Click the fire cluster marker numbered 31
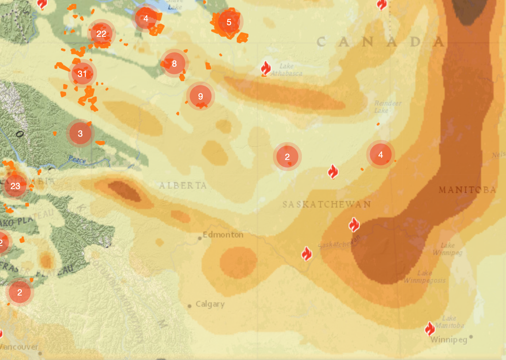(82, 74)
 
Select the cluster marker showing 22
(101, 34)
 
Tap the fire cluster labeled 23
(15, 186)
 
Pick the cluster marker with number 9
(201, 96)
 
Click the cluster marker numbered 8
(174, 63)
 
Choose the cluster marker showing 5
(229, 22)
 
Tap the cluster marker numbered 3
(80, 133)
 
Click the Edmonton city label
(223, 235)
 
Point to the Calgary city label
(210, 304)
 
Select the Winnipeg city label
(449, 340)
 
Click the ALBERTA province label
(183, 186)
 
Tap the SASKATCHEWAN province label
(327, 204)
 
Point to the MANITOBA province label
(467, 190)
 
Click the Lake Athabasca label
(287, 70)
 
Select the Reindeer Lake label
(388, 107)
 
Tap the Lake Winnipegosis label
(425, 277)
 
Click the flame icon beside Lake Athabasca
(266, 68)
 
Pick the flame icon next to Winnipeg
(430, 329)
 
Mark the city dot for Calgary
(190, 306)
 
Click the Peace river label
(77, 159)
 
